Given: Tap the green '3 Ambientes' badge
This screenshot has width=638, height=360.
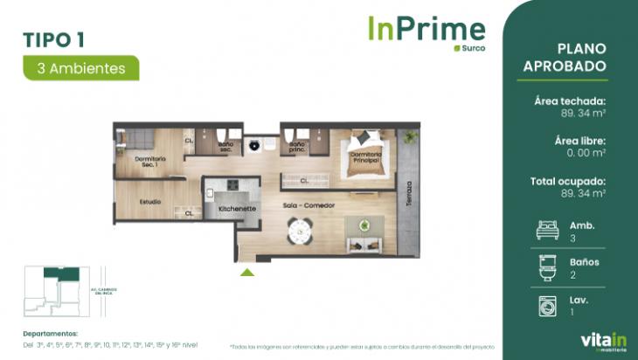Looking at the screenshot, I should pyautogui.click(x=80, y=67).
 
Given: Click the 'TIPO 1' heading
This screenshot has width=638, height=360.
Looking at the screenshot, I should pyautogui.click(x=53, y=38).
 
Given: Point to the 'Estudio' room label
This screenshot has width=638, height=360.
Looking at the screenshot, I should pyautogui.click(x=149, y=203).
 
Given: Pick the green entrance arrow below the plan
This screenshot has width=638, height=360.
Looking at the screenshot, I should pyautogui.click(x=247, y=273).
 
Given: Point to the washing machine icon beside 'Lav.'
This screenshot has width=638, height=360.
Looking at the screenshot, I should pyautogui.click(x=544, y=305).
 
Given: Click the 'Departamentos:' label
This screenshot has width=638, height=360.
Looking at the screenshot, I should pyautogui.click(x=52, y=334).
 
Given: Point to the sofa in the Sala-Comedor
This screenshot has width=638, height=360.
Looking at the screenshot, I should pyautogui.click(x=358, y=229).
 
